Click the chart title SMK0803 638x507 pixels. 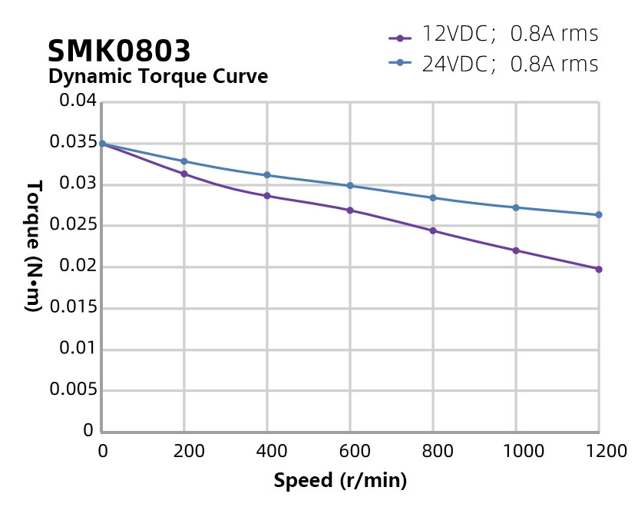119,51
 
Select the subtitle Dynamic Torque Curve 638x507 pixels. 157,77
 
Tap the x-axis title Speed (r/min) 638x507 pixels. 340,481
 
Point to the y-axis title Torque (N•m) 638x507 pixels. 33,246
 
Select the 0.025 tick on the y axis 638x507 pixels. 72,226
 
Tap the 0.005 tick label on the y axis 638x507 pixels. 72,390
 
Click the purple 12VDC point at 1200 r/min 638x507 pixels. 599,269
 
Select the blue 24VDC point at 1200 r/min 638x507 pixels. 599,215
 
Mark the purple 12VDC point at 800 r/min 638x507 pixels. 433,230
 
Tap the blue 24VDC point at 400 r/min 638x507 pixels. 267,175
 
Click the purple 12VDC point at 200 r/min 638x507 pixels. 184,174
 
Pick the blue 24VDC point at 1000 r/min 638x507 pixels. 516,207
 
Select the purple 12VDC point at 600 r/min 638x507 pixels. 350,210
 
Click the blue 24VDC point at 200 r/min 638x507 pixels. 184,161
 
